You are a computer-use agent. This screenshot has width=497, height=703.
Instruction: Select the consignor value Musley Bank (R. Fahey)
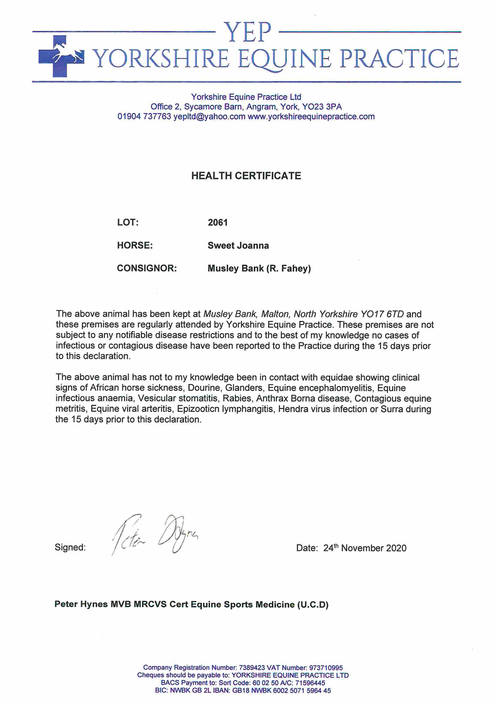259,269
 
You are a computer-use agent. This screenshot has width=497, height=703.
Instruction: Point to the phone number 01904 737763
144,117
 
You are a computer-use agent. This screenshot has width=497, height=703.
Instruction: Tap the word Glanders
244,388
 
